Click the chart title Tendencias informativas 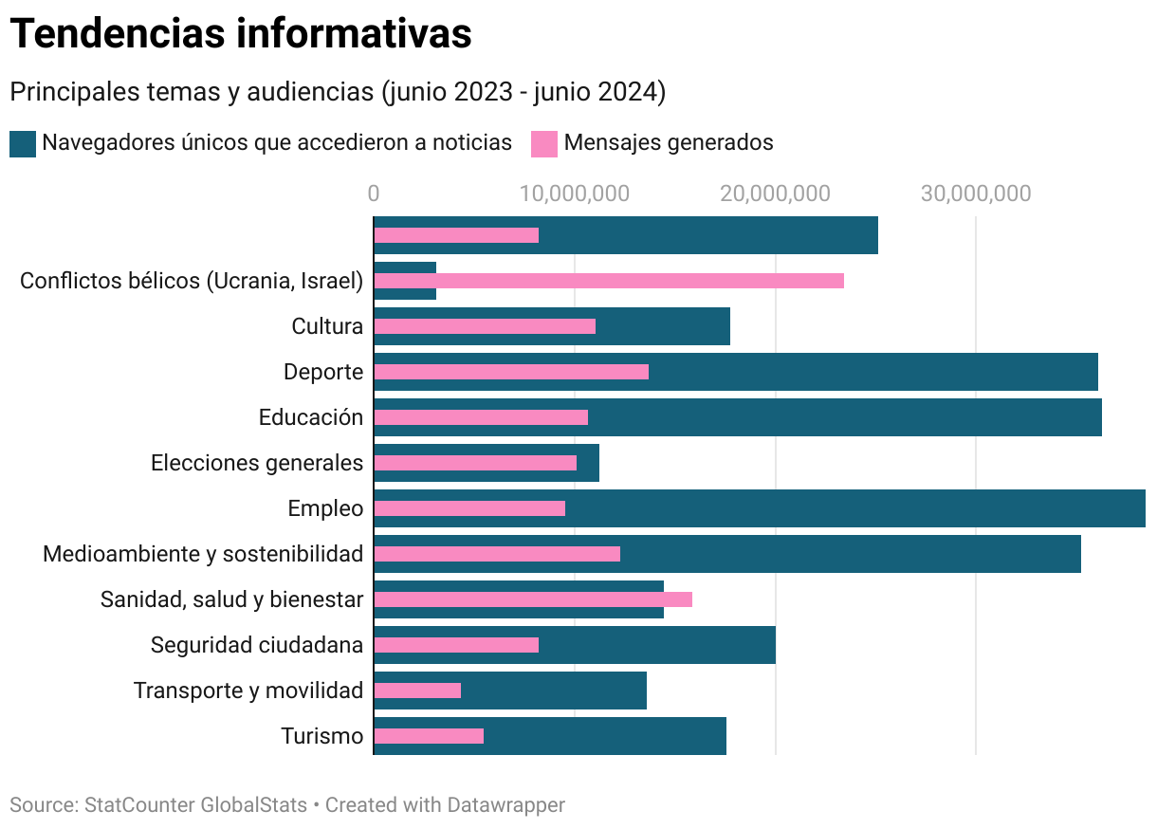(x=241, y=34)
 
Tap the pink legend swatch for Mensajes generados (x=543, y=143)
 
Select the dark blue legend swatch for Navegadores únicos (x=23, y=143)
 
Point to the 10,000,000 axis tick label (x=575, y=193)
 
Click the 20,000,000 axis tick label (x=775, y=193)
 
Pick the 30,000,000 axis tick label (x=976, y=193)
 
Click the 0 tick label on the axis (x=374, y=193)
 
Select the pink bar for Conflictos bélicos (x=609, y=281)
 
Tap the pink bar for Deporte (x=511, y=372)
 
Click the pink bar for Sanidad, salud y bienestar (x=533, y=599)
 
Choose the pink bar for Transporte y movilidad (x=417, y=691)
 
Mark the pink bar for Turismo (x=429, y=736)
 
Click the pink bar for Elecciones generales (x=475, y=463)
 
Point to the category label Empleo (x=325, y=508)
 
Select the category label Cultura (x=327, y=326)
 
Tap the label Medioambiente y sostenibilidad (x=203, y=554)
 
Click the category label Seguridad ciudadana (x=257, y=645)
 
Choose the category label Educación (x=311, y=417)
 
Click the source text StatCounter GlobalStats (x=195, y=805)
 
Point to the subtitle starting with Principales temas (x=338, y=93)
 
